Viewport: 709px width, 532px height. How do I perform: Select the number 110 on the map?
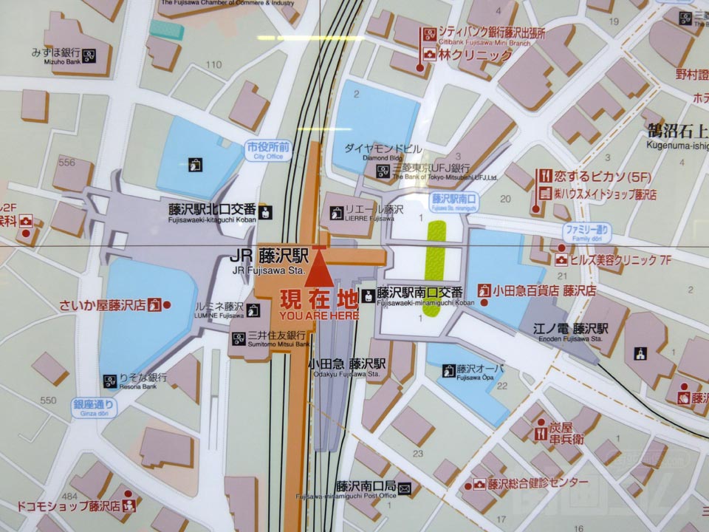click(x=213, y=65)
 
